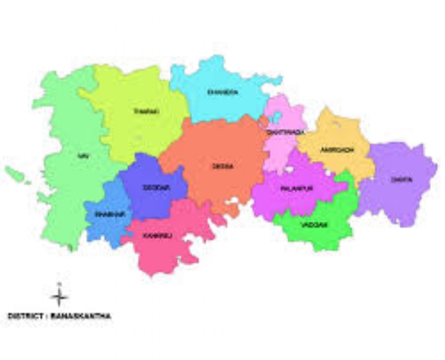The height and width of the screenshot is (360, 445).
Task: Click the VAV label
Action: coord(82,156)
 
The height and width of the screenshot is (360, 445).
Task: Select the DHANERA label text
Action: coord(222,93)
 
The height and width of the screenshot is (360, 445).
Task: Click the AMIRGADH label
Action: coord(337,149)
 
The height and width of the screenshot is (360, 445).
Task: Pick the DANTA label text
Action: coord(401,179)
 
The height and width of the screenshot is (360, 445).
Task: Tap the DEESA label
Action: coord(222,166)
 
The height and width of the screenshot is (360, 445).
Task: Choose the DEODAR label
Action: coord(156,189)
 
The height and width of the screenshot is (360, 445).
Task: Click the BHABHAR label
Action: coord(108,214)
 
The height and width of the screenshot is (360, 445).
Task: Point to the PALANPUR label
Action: coord(297,189)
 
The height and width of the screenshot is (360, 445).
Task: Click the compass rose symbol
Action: coord(60,296)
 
